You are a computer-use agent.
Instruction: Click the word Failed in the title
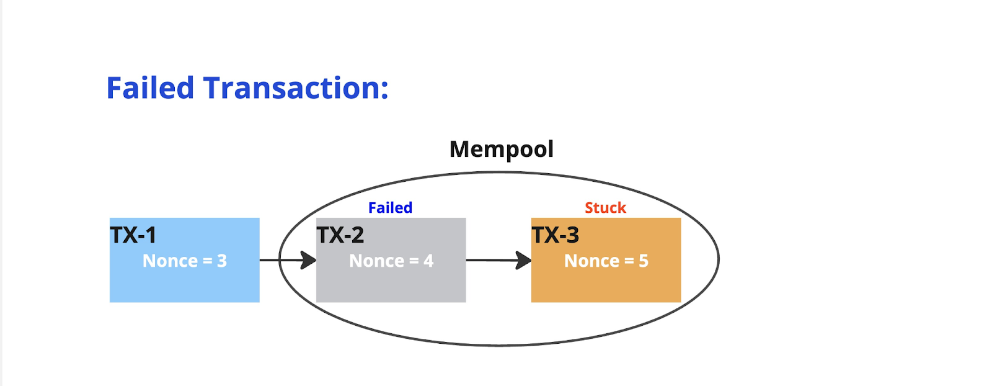(150, 88)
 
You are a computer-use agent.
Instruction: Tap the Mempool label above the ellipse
(502, 150)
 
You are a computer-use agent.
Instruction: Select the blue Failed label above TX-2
(390, 207)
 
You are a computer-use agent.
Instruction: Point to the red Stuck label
(605, 207)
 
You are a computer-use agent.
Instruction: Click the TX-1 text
(133, 235)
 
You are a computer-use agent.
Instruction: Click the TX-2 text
(340, 235)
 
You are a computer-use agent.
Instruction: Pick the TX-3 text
(556, 235)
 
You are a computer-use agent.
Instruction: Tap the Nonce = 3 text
(185, 261)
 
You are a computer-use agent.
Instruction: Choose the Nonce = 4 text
(391, 261)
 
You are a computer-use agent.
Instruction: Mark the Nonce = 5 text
(606, 261)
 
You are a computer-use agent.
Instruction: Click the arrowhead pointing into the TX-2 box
(308, 260)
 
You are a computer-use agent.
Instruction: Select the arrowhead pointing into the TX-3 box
(523, 260)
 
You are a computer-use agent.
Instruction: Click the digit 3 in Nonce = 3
(222, 261)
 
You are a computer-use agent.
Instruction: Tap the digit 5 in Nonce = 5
(644, 261)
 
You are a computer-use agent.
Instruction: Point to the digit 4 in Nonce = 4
(428, 261)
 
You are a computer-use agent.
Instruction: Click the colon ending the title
(384, 90)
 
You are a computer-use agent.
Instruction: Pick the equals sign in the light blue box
(207, 261)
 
